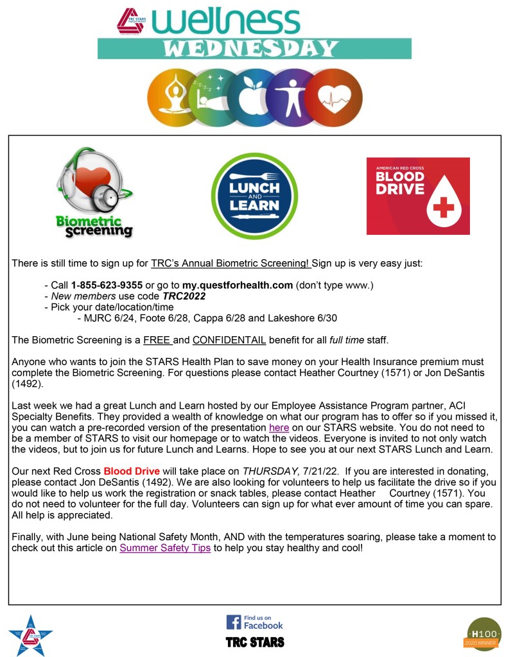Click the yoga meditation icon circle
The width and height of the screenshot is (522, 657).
(173, 98)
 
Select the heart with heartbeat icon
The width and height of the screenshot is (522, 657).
(335, 98)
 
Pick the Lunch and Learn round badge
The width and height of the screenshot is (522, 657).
(255, 196)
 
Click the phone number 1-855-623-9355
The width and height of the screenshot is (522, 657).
(107, 285)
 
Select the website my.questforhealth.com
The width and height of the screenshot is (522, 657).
(238, 285)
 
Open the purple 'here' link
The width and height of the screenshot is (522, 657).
(279, 427)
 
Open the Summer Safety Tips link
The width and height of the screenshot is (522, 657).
(165, 549)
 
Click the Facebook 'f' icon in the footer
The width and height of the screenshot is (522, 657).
(233, 622)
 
